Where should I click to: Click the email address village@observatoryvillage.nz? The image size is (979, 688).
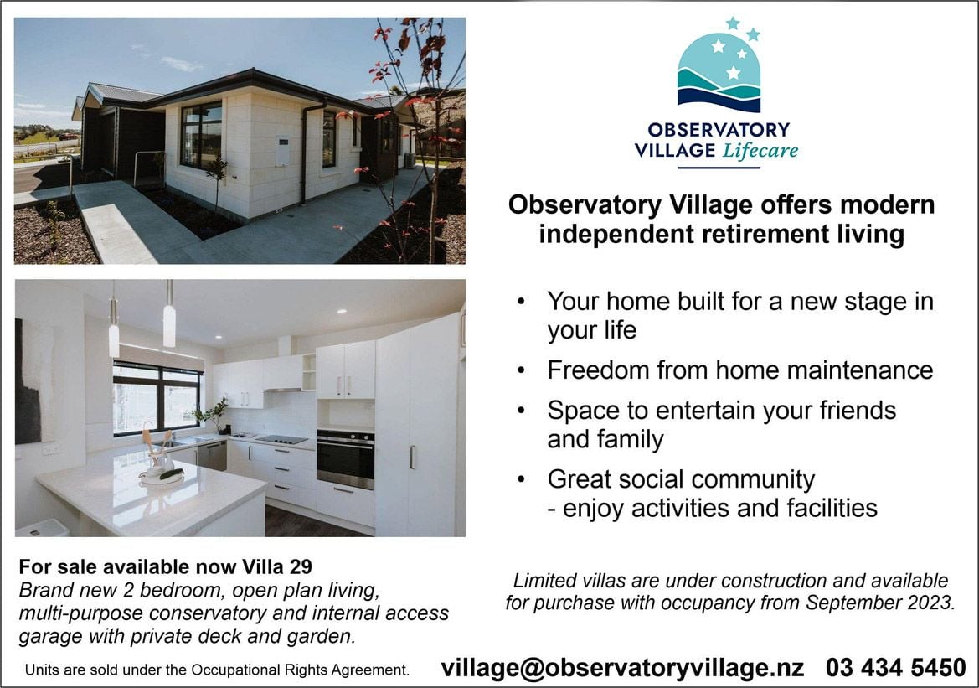(x=622, y=668)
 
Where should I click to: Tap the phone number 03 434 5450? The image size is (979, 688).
(x=896, y=667)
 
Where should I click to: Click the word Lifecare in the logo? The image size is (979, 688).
(x=760, y=151)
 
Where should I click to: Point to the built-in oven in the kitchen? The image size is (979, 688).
(x=345, y=458)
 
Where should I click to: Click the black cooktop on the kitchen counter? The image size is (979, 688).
(x=281, y=439)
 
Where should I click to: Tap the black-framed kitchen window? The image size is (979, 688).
(x=157, y=398)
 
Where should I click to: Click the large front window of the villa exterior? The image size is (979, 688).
(x=201, y=135)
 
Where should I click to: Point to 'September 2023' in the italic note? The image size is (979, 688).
(x=879, y=603)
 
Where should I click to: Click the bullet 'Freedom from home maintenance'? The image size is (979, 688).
(x=739, y=370)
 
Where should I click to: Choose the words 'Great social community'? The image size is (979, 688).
(x=681, y=480)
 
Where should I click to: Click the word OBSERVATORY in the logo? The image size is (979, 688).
(x=719, y=129)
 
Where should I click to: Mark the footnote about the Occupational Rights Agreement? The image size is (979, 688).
(x=217, y=670)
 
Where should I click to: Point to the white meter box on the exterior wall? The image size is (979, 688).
(x=282, y=151)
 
